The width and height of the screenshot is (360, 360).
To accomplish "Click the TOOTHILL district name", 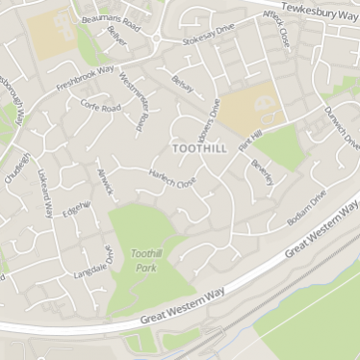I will (200, 149).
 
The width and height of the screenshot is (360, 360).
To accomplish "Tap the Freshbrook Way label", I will (85, 74).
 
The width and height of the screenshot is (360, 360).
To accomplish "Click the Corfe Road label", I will (100, 107).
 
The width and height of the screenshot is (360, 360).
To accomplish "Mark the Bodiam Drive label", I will (307, 208).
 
